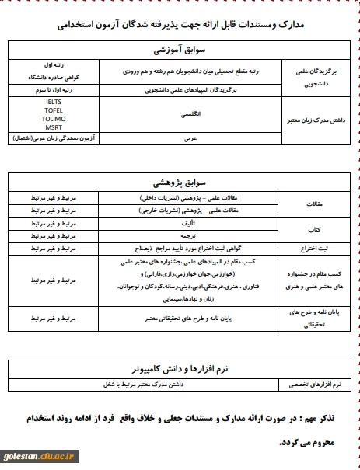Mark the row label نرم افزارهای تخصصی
(x=317, y=384)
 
